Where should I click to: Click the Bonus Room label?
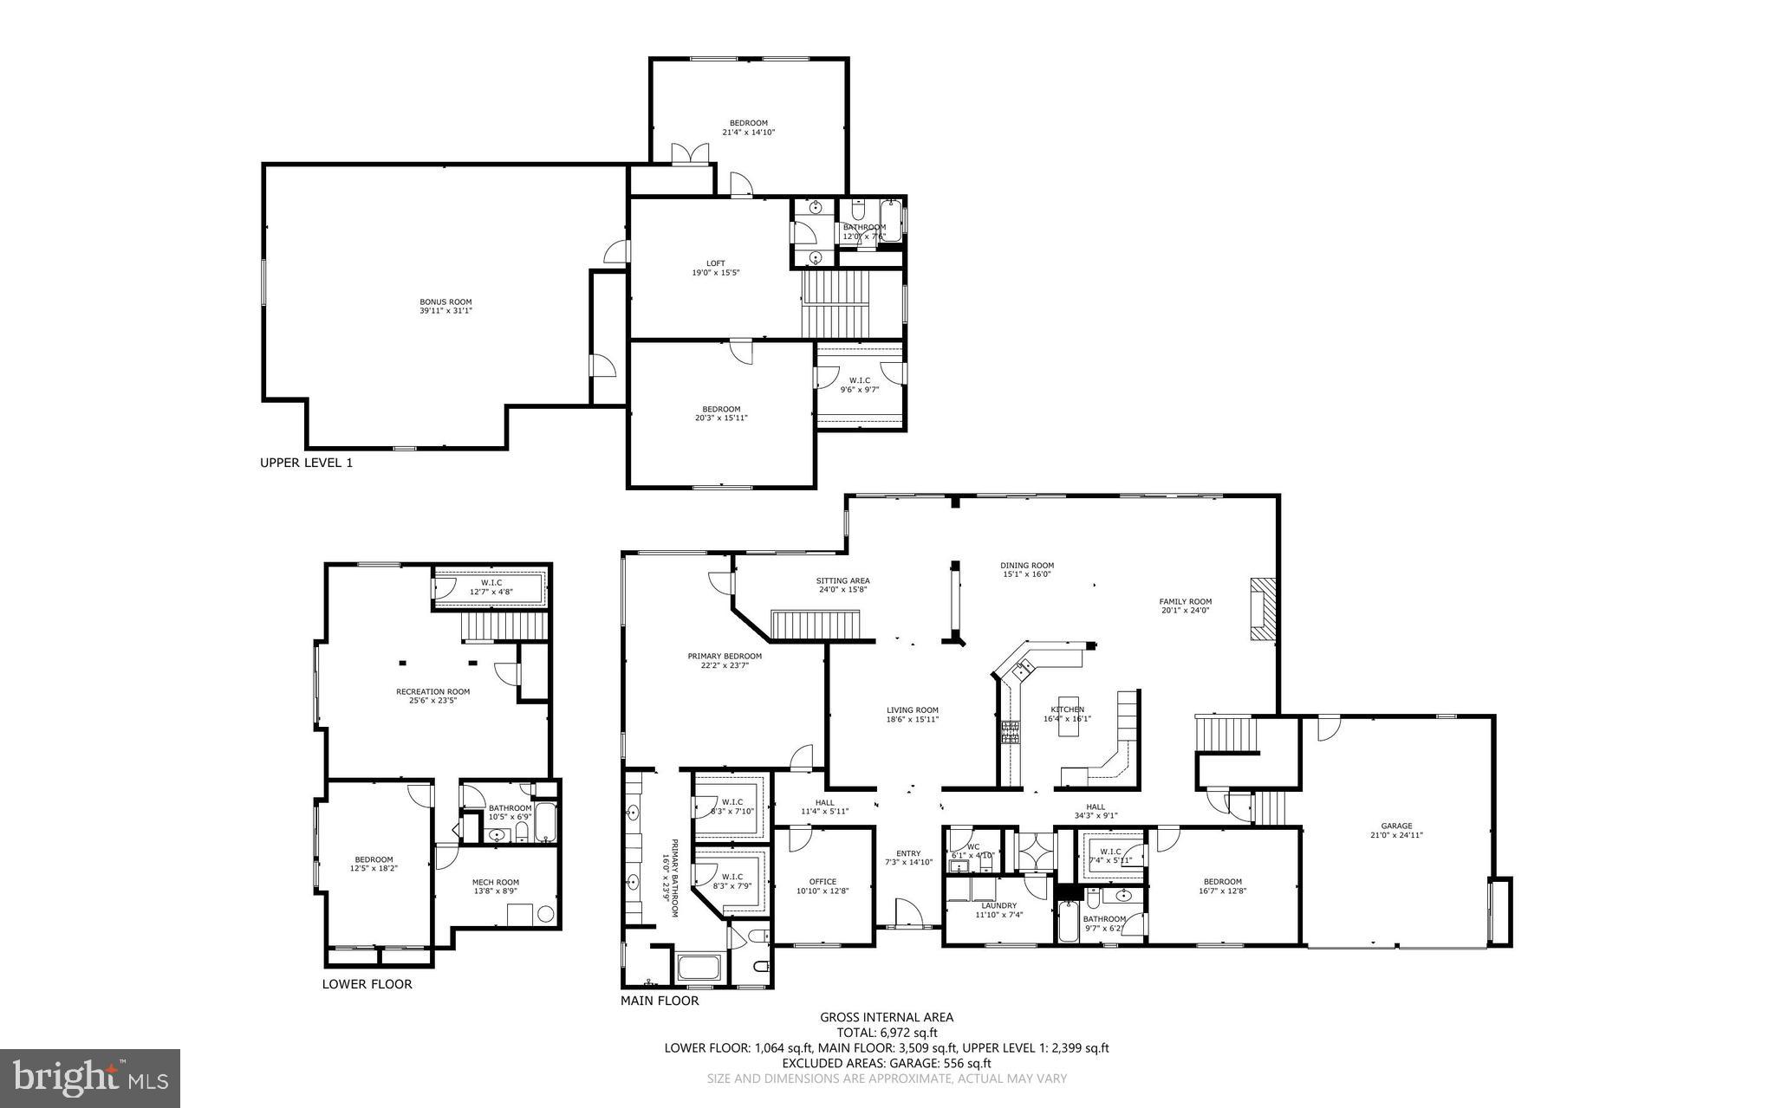(x=445, y=306)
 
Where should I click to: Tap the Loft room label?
(x=715, y=268)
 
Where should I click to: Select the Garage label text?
(x=1396, y=830)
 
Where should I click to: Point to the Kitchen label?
(x=1067, y=713)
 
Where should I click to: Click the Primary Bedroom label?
(x=725, y=660)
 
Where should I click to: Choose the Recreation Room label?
(x=432, y=696)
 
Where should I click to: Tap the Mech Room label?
(x=496, y=886)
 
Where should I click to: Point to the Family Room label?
(x=1185, y=606)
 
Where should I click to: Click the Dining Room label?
(x=1027, y=569)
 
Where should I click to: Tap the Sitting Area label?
(x=842, y=585)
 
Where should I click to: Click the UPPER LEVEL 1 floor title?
(x=306, y=463)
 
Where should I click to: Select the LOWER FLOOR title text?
(x=367, y=984)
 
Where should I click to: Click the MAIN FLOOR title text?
(x=659, y=1001)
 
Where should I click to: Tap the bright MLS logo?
(x=90, y=1078)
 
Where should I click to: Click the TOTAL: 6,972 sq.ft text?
(x=887, y=1033)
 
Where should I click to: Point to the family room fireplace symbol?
(x=1263, y=609)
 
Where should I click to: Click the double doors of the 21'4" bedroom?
(x=691, y=153)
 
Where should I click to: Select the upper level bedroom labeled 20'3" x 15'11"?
(x=721, y=413)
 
